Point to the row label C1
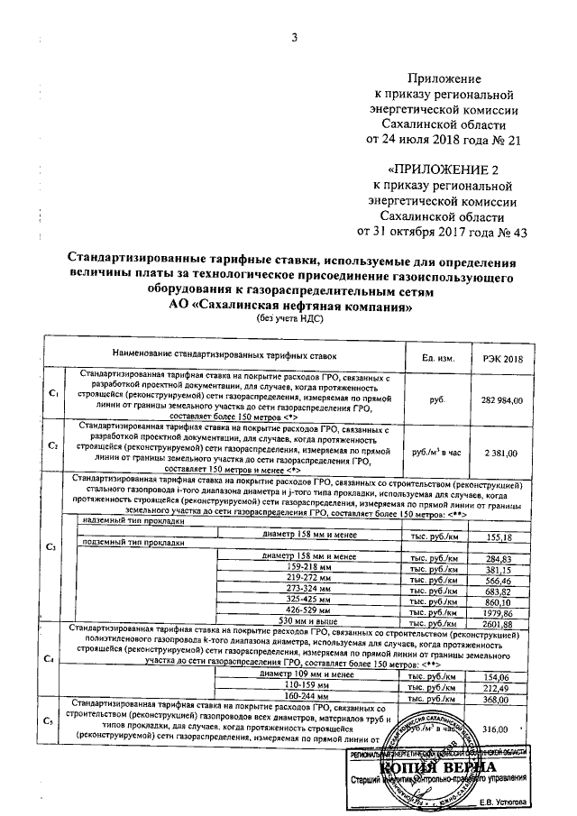53,394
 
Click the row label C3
51,547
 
